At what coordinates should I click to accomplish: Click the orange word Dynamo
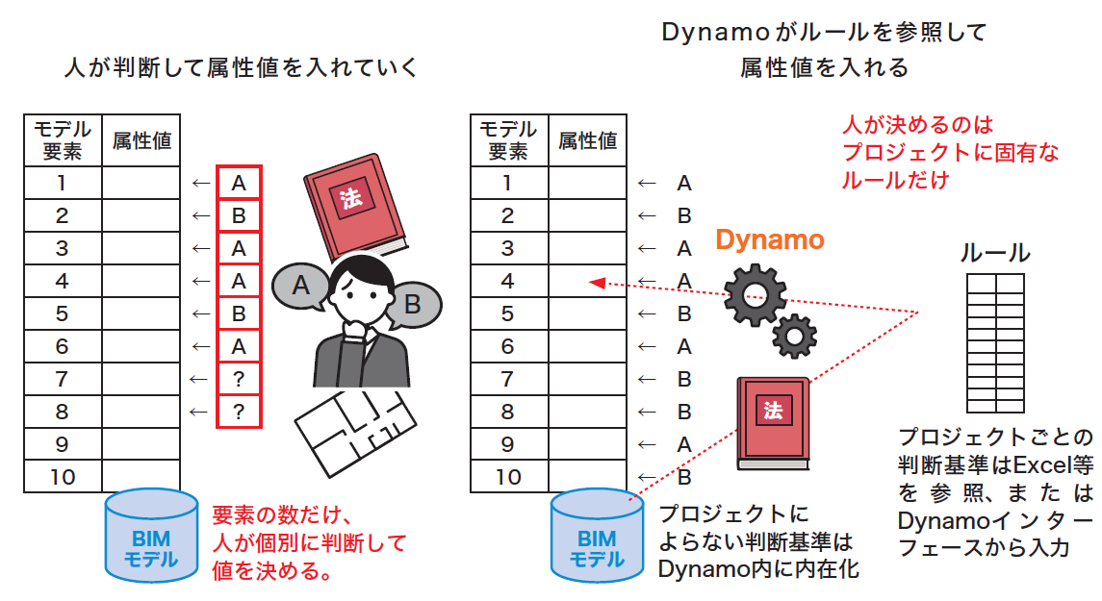coord(770,239)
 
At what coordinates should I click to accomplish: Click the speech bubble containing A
coord(300,286)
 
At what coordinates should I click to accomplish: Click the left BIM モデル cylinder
coord(151,537)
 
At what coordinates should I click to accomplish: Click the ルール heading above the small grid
coord(995,254)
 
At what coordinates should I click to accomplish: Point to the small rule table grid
coord(995,341)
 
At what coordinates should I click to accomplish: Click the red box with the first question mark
coord(239,379)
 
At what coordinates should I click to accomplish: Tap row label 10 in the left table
coord(63,477)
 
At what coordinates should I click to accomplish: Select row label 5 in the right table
coord(508,313)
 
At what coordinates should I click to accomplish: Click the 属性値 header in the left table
coord(141,140)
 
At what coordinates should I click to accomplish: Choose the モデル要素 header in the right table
coord(508,140)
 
